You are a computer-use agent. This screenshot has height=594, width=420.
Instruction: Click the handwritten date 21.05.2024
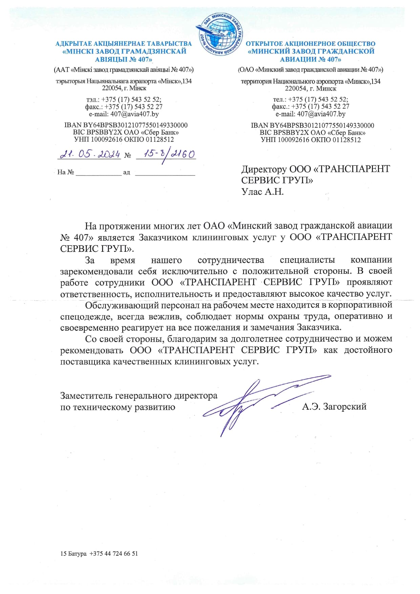coord(90,154)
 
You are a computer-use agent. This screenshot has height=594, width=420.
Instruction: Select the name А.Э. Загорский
coord(334,406)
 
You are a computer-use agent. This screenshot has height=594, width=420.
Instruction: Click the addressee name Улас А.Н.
coord(262,192)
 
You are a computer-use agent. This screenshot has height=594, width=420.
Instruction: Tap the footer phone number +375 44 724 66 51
coord(114,554)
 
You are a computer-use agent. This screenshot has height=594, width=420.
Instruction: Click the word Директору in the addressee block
coord(264,169)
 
